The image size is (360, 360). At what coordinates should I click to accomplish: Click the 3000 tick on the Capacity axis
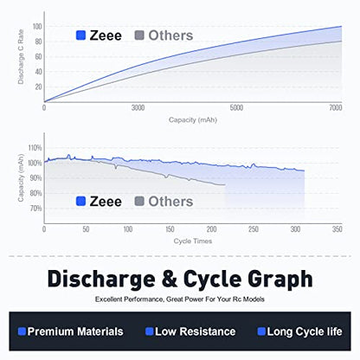pos(138,108)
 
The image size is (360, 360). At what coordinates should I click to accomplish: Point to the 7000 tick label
pos(336,108)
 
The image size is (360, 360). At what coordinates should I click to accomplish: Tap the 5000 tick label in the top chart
pos(236,108)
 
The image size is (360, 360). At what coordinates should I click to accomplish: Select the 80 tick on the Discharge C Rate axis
pos(38,42)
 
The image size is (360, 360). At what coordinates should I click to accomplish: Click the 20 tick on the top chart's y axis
pos(38,87)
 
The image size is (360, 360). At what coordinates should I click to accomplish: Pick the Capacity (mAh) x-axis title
pos(193,120)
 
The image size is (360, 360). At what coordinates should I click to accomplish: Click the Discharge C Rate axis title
pos(21,57)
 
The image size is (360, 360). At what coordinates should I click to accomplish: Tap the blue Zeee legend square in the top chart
pos(80,35)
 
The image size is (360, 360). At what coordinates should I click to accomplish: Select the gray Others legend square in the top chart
pos(139,35)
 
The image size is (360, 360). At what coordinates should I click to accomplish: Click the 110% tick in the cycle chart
pos(35,148)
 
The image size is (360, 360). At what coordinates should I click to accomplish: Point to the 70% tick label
pos(35,209)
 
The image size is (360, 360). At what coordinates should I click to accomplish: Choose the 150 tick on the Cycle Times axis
pos(170,229)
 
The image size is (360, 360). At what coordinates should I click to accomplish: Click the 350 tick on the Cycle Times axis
pos(337,229)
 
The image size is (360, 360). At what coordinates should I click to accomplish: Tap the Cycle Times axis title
pos(193,241)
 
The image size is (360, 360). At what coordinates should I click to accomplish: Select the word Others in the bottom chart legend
pos(170,202)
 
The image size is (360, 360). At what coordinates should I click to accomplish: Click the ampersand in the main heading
pos(170,279)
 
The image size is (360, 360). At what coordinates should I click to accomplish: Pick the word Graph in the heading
pos(280,280)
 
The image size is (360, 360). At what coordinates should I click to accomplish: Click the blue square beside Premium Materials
pos(22,331)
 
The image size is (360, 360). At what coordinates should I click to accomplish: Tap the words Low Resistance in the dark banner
pos(196,331)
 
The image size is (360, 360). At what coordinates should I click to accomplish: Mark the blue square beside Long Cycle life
pos(261,331)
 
